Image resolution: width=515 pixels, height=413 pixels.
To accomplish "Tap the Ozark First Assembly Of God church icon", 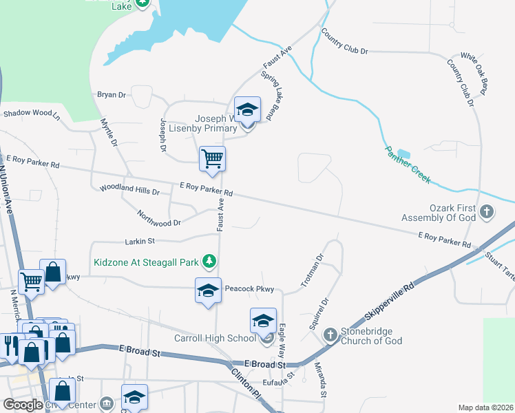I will click(487, 211).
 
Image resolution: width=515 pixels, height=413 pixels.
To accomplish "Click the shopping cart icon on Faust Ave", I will click(212, 158).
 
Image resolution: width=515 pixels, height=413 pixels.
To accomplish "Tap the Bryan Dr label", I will click(112, 95).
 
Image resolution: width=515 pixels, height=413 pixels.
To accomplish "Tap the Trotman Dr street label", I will click(312, 271).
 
